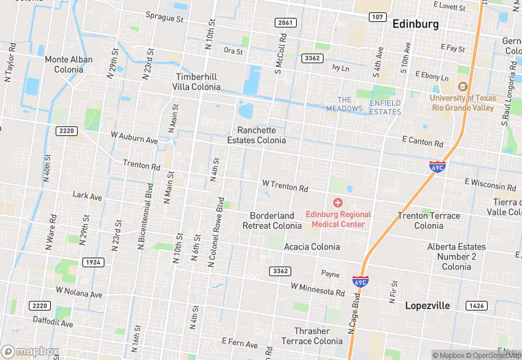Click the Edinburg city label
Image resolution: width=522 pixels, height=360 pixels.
click(415, 24)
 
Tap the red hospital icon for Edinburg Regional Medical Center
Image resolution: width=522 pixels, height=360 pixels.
click(338, 203)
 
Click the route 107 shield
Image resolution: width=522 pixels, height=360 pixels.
click(377, 16)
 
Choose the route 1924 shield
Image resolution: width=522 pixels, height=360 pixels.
click(93, 262)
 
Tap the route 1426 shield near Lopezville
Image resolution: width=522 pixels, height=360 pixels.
click(475, 305)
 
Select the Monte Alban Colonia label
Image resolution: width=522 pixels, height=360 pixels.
click(69, 65)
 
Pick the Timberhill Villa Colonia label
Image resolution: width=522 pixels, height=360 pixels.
click(198, 82)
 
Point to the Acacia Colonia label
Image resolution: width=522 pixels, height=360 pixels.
click(312, 247)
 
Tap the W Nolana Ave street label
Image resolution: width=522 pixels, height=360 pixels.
click(79, 292)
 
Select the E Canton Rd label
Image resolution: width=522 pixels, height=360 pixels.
click(422, 142)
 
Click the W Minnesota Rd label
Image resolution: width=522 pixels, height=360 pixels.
click(317, 289)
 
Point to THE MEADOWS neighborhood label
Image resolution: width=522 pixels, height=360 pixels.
click(344, 104)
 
